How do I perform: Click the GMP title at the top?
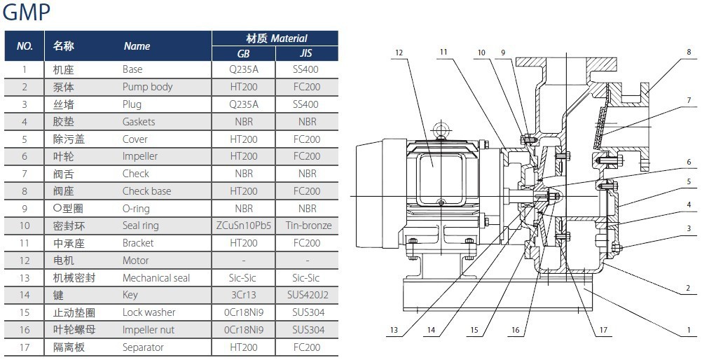click(x=27, y=13)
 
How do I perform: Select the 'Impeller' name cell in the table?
click(x=140, y=156)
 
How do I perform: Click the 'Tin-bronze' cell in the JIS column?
click(x=308, y=226)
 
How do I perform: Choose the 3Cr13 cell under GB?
click(x=244, y=295)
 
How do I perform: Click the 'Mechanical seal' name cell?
click(x=156, y=278)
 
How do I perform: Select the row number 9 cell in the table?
click(x=25, y=209)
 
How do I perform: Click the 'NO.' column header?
click(x=25, y=46)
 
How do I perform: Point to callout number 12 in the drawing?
click(x=399, y=53)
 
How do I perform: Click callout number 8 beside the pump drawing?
click(x=689, y=52)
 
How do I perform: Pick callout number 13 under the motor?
click(x=394, y=331)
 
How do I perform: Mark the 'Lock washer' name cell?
click(x=149, y=312)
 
